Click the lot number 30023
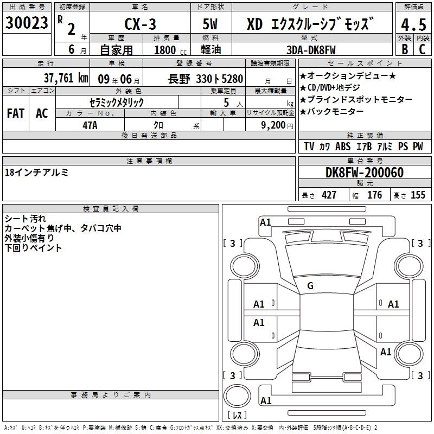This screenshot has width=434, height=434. coord(27,23)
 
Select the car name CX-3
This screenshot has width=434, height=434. coord(141,24)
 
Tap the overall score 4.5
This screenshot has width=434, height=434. coord(413,25)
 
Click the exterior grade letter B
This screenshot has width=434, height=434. coord(405,49)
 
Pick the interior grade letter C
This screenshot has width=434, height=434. coord(422,49)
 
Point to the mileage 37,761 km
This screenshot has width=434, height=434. coord(66,78)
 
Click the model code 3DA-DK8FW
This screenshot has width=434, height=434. coord(311,50)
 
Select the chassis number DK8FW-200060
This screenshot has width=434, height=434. coord(365,173)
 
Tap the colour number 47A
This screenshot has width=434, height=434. coord(90,125)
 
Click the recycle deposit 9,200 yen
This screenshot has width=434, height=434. coord(277,125)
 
